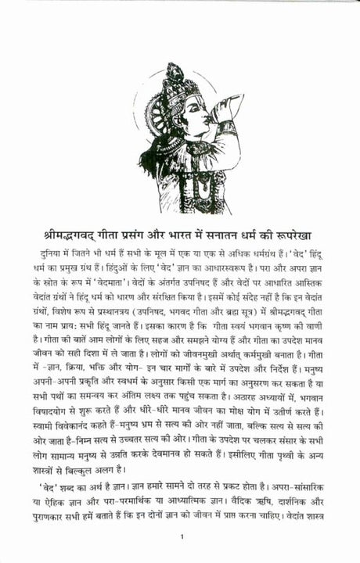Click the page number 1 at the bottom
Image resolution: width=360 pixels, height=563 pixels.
coord(181,536)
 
